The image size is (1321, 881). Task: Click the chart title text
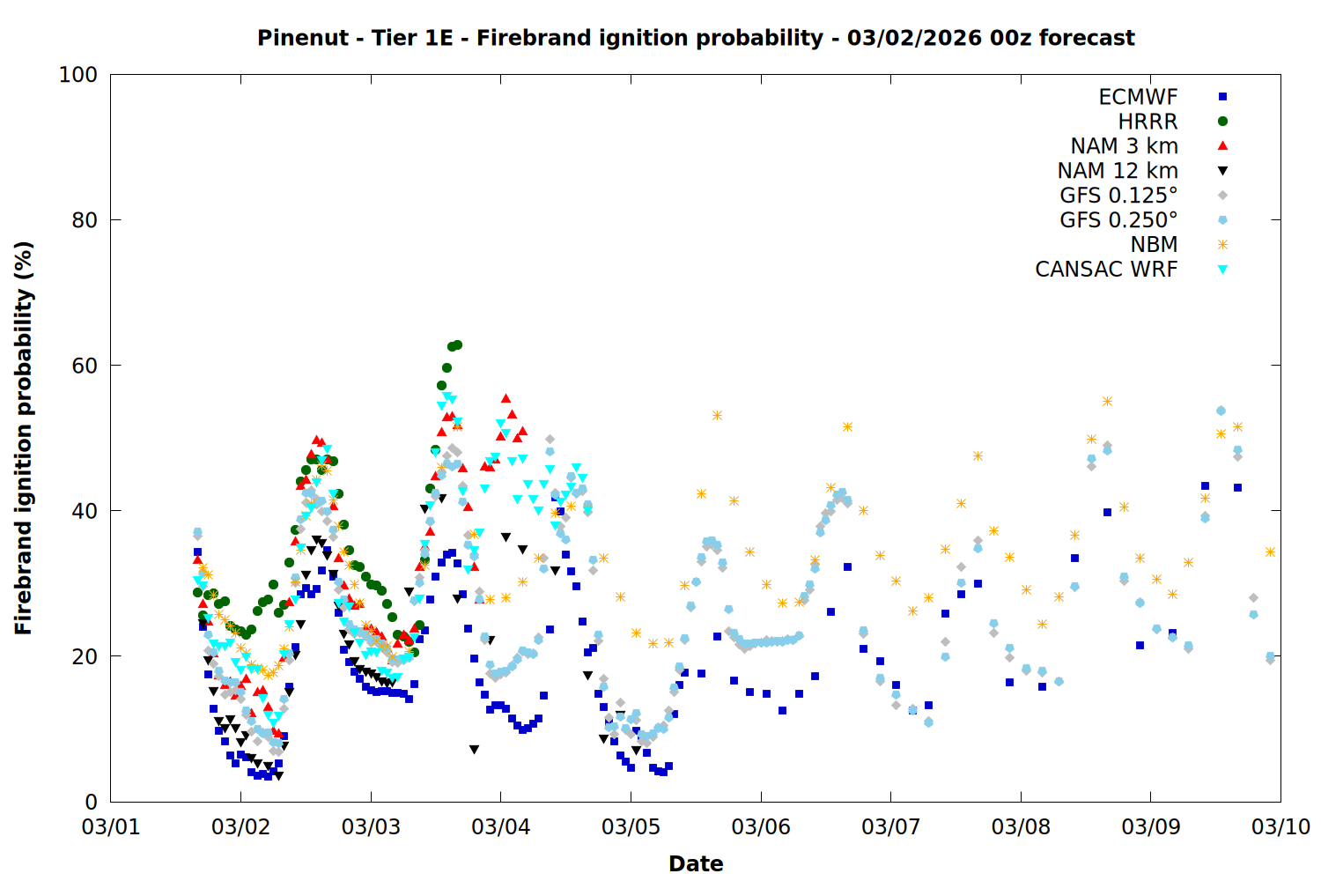click(x=696, y=38)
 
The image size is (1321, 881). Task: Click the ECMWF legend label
click(x=1138, y=97)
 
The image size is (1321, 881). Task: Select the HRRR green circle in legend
click(x=1222, y=122)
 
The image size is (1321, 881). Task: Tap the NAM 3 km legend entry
click(x=1124, y=146)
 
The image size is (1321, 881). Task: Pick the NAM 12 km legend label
click(x=1118, y=171)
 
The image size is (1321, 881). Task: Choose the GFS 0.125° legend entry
click(x=1118, y=196)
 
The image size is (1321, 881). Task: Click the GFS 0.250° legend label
click(x=1118, y=220)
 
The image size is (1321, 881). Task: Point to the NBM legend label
click(x=1154, y=245)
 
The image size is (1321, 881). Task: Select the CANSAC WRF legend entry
click(x=1106, y=270)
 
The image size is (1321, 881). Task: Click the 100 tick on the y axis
click(x=77, y=75)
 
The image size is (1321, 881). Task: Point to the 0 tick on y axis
click(x=91, y=802)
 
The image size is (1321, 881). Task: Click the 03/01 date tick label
click(x=111, y=827)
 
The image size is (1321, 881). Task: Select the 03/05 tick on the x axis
click(x=631, y=827)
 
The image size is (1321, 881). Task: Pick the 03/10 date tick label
click(x=1280, y=827)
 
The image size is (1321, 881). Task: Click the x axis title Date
click(x=696, y=863)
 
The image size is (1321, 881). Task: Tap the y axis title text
click(x=24, y=438)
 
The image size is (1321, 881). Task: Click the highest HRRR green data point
click(x=457, y=344)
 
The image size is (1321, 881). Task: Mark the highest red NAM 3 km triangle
click(x=506, y=399)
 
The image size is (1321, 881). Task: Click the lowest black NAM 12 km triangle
click(x=278, y=776)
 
